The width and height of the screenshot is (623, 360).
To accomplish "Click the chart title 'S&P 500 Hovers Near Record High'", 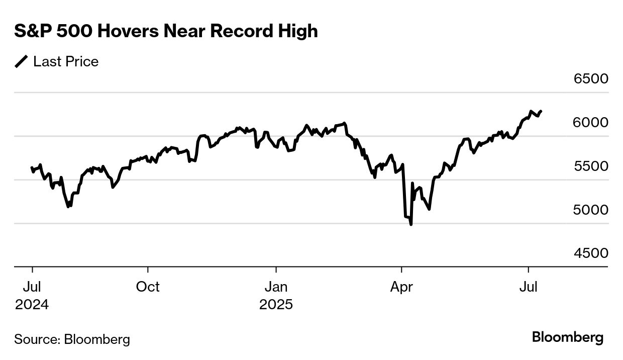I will pyautogui.click(x=166, y=31).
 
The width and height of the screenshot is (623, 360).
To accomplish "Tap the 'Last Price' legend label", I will pyautogui.click(x=66, y=62).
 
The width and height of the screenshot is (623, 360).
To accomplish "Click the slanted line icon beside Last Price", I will pyautogui.click(x=22, y=62).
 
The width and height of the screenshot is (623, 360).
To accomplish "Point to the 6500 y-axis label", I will pyautogui.click(x=590, y=79).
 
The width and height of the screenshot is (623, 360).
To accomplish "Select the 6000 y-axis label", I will pyautogui.click(x=590, y=123).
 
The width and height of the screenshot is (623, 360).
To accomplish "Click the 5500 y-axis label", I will pyautogui.click(x=590, y=166).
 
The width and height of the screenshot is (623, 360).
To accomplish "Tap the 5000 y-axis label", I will pyautogui.click(x=590, y=210).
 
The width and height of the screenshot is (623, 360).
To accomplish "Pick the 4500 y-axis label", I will pyautogui.click(x=590, y=253).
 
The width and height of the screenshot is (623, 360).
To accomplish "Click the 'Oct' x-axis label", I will pyautogui.click(x=148, y=287).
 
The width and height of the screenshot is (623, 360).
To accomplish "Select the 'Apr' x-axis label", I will pyautogui.click(x=401, y=287).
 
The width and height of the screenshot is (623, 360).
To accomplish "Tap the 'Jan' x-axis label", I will pyautogui.click(x=276, y=287).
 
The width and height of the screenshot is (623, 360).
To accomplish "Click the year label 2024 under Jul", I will pyautogui.click(x=32, y=305).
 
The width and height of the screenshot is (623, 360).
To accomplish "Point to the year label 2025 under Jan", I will pyautogui.click(x=276, y=305).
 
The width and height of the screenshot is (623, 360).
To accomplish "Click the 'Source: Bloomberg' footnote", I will pyautogui.click(x=72, y=339).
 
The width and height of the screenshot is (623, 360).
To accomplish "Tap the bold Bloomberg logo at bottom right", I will pyautogui.click(x=568, y=337).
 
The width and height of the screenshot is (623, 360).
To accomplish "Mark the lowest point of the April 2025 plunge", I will pyautogui.click(x=411, y=224).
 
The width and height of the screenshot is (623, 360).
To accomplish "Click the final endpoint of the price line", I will pyautogui.click(x=541, y=111).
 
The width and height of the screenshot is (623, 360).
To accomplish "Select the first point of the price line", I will pyautogui.click(x=32, y=168).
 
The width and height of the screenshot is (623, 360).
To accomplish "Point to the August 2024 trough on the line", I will pyautogui.click(x=69, y=206).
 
